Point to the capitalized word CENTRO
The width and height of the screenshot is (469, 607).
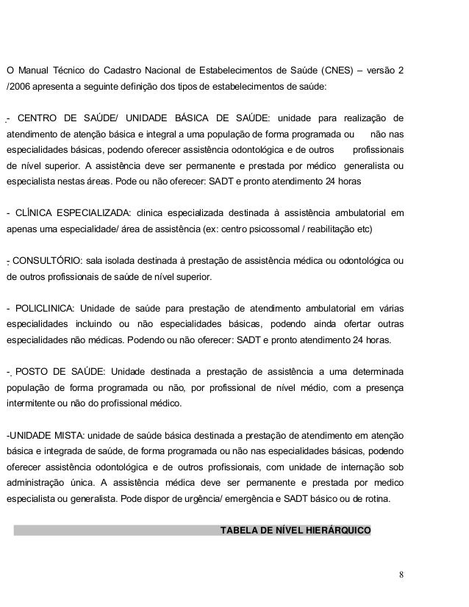[x=40, y=119]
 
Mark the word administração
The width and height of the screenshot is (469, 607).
[x=38, y=483]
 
